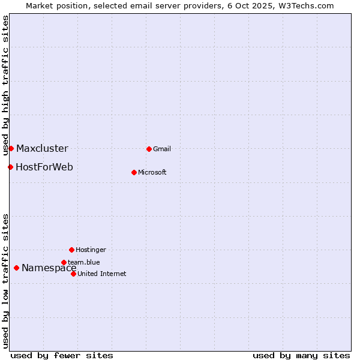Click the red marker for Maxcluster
[11, 148]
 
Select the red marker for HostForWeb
[10, 167]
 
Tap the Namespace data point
[16, 268]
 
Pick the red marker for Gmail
[149, 149]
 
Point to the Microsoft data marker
[134, 172]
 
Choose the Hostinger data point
[71, 250]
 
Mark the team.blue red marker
[64, 262]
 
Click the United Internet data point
[73, 274]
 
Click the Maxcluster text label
[42, 149]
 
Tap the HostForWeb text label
[44, 167]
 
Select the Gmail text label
[162, 149]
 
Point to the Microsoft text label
[152, 173]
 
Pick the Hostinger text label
[91, 250]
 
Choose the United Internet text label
[102, 274]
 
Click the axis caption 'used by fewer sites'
[62, 355]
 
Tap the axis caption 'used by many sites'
[301, 355]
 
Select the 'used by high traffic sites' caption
[5, 85]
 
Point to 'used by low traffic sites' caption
[5, 281]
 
